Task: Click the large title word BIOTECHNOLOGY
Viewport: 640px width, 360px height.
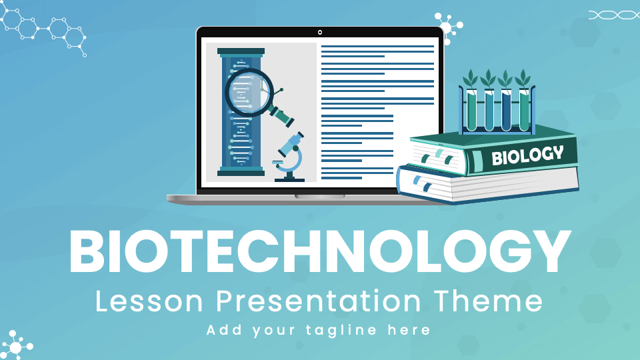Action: point(320,252)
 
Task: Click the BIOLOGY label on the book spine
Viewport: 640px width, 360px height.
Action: point(527,156)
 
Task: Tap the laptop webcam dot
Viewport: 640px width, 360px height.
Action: point(320,32)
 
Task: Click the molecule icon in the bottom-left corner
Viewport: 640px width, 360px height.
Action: point(16,345)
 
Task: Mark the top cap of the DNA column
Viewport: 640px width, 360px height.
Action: point(241,51)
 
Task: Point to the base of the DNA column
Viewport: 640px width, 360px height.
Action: point(241,172)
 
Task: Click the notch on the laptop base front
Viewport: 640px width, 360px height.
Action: point(320,197)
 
